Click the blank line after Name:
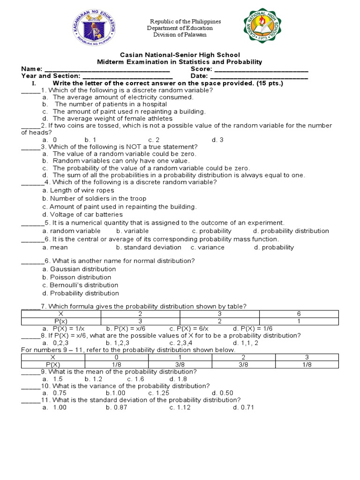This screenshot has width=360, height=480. click(104, 69)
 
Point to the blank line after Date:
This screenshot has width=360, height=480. click(259, 76)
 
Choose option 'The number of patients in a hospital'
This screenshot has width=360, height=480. click(111, 104)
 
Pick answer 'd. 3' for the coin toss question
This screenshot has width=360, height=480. click(217, 140)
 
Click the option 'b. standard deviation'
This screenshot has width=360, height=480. click(149, 247)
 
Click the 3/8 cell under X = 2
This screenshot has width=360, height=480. click(243, 364)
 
